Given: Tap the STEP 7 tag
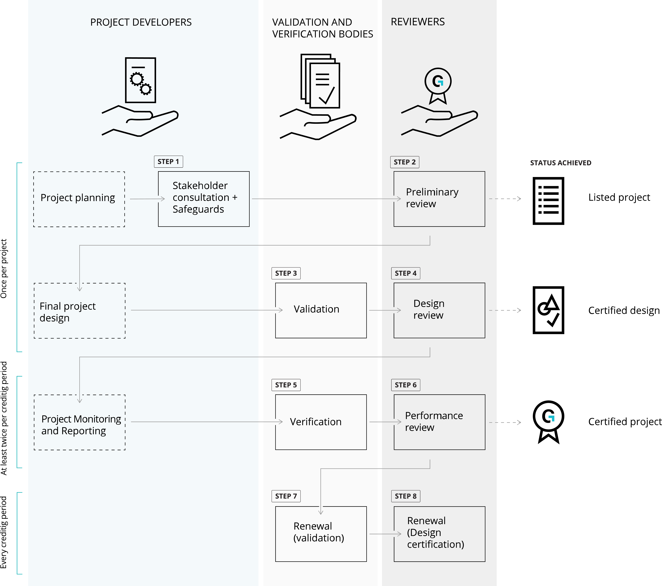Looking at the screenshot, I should pyautogui.click(x=286, y=496).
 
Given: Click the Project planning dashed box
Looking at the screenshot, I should pyautogui.click(x=79, y=199).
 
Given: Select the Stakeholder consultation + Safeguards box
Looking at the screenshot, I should pyautogui.click(x=204, y=199).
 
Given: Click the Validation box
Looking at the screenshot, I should pyautogui.click(x=321, y=310).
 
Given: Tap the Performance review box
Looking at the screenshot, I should pyautogui.click(x=439, y=422).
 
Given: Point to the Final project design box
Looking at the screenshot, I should pyautogui.click(x=79, y=311).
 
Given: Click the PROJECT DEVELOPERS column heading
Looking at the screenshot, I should pyautogui.click(x=141, y=22).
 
